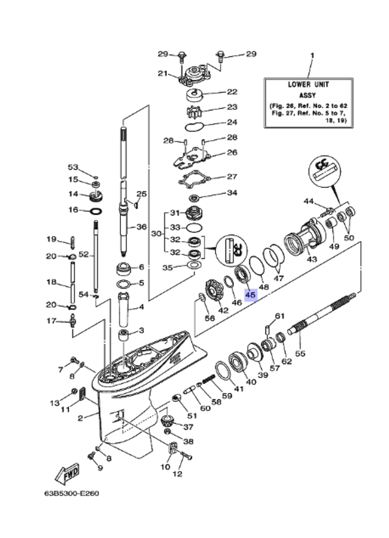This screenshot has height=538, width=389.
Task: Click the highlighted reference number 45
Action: [x=250, y=295]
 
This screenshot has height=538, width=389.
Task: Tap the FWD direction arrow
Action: [x=68, y=473]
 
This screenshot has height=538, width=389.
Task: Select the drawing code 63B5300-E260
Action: [x=71, y=493]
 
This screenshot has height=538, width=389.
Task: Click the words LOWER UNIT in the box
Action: [x=308, y=84]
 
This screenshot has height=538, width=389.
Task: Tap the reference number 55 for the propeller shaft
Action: [x=300, y=353]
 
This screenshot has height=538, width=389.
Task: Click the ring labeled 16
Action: [x=96, y=212]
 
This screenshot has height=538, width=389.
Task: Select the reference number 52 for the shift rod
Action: [x=84, y=255]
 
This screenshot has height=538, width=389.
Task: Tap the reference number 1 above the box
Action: [x=312, y=56]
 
